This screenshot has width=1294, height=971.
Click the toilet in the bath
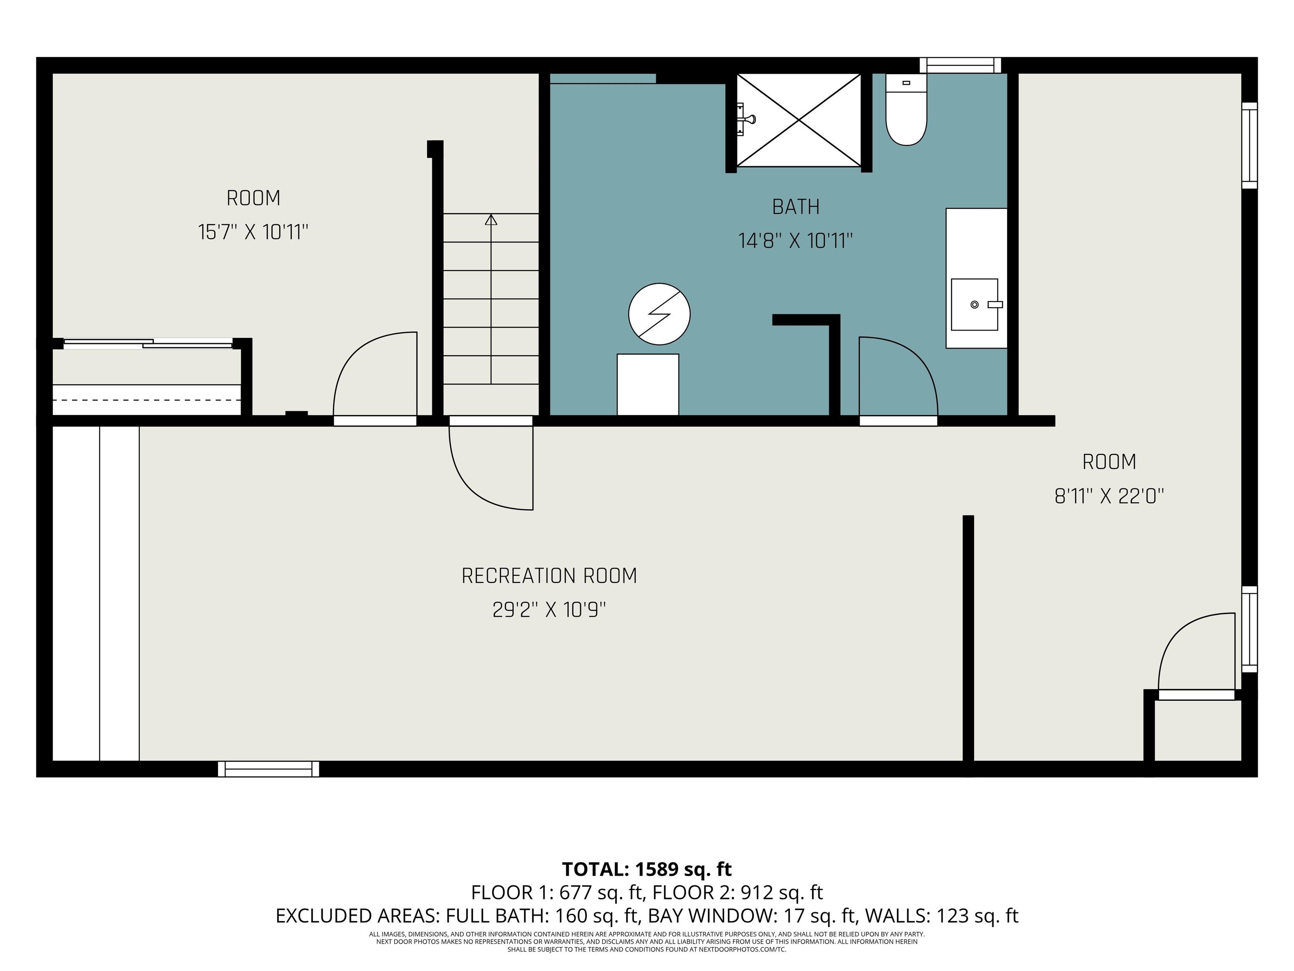click(x=906, y=110)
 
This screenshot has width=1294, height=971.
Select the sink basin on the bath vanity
click(x=975, y=304)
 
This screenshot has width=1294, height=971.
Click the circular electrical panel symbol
click(x=659, y=314)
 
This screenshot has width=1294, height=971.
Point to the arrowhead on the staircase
click(x=491, y=220)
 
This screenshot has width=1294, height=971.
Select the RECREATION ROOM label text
click(x=549, y=576)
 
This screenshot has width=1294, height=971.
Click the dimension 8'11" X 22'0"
click(x=1109, y=496)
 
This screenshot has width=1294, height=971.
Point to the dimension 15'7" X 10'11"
click(x=253, y=232)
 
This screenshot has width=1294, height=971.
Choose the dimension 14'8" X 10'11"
click(x=796, y=241)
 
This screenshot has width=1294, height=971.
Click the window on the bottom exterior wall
click(x=268, y=769)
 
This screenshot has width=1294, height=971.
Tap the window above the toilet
click(x=960, y=65)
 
